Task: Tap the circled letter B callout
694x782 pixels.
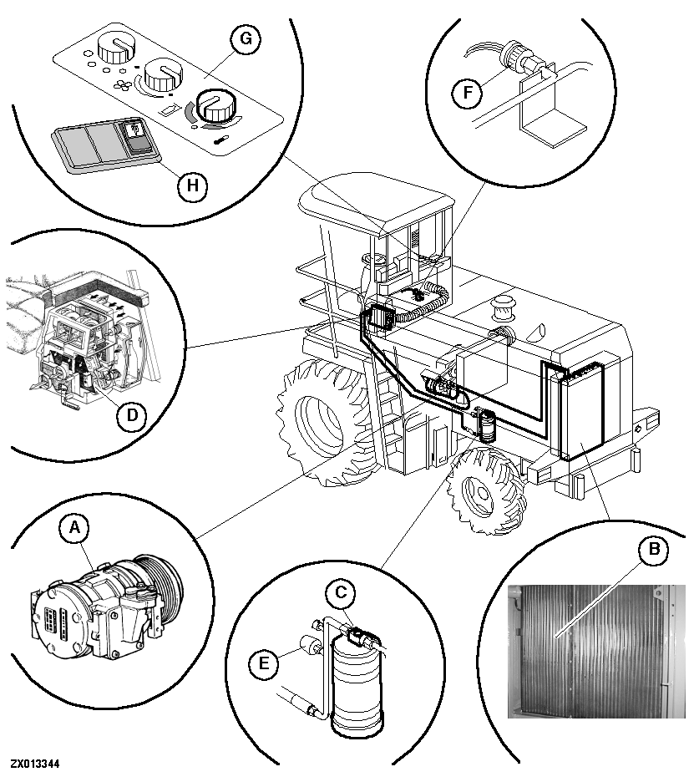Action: click(x=653, y=549)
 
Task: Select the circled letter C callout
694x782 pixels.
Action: click(x=340, y=594)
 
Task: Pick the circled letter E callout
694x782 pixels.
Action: click(x=261, y=664)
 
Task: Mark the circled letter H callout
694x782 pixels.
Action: click(x=192, y=186)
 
